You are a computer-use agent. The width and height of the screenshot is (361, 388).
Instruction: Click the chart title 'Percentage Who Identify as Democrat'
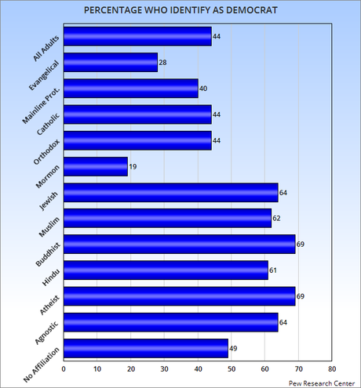coord(180,9)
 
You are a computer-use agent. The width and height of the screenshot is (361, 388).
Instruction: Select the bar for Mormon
coord(95,166)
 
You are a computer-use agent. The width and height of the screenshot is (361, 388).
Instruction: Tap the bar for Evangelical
coord(110,62)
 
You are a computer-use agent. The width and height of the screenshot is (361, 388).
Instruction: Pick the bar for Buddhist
coord(179,244)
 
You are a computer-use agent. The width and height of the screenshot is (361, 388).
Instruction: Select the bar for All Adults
coord(137,36)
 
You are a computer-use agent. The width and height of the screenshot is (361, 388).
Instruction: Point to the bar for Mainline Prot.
coord(130,88)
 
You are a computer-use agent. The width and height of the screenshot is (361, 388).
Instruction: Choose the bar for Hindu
coord(166,270)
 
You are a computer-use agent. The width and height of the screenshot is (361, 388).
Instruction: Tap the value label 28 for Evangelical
coord(163,63)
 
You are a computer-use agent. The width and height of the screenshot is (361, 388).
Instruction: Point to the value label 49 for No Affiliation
coord(234,348)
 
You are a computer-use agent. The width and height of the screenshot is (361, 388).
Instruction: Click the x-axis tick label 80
coord(332,368)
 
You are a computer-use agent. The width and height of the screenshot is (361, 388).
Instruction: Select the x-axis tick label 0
coord(63,368)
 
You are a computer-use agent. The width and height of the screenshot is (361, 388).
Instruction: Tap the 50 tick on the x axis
coord(231,368)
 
